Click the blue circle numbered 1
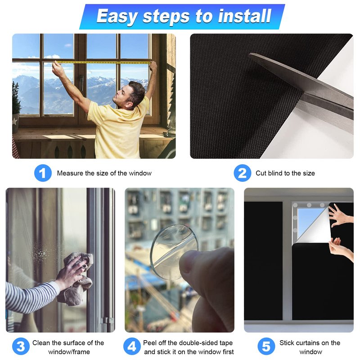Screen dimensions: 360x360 point(43,173)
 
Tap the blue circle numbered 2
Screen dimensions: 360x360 point(243,173)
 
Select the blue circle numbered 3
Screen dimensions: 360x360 point(21,346)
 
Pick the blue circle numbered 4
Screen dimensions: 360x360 point(132,346)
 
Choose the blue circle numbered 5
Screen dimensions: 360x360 point(266,346)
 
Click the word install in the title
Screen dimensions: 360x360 point(244,16)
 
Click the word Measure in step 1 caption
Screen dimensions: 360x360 point(70,173)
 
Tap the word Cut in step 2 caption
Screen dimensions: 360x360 point(261,173)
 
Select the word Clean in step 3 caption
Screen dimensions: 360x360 point(41,343)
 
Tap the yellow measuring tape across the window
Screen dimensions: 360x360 point(103,62)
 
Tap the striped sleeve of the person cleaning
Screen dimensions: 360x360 point(31,296)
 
